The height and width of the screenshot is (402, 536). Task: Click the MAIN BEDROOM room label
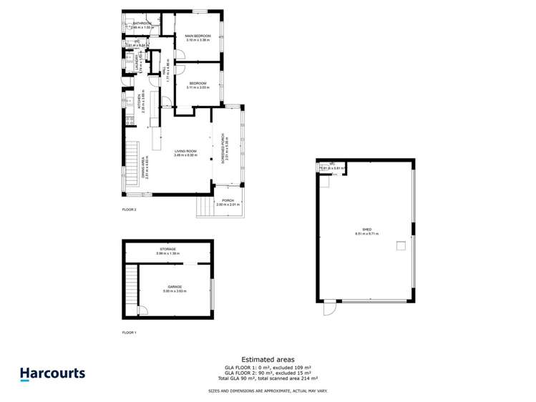(197, 36)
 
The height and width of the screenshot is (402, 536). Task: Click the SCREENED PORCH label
(224, 147)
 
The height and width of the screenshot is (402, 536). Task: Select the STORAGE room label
(167, 249)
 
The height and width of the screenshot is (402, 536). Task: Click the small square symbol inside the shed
(401, 247)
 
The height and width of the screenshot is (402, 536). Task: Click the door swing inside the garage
(142, 310)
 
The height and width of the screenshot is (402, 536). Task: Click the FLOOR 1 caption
(129, 333)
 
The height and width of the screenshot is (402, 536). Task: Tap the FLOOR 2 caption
(129, 210)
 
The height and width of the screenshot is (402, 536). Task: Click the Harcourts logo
(52, 373)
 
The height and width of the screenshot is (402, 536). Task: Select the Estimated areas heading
(268, 360)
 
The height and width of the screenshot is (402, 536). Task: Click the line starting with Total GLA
(268, 378)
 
